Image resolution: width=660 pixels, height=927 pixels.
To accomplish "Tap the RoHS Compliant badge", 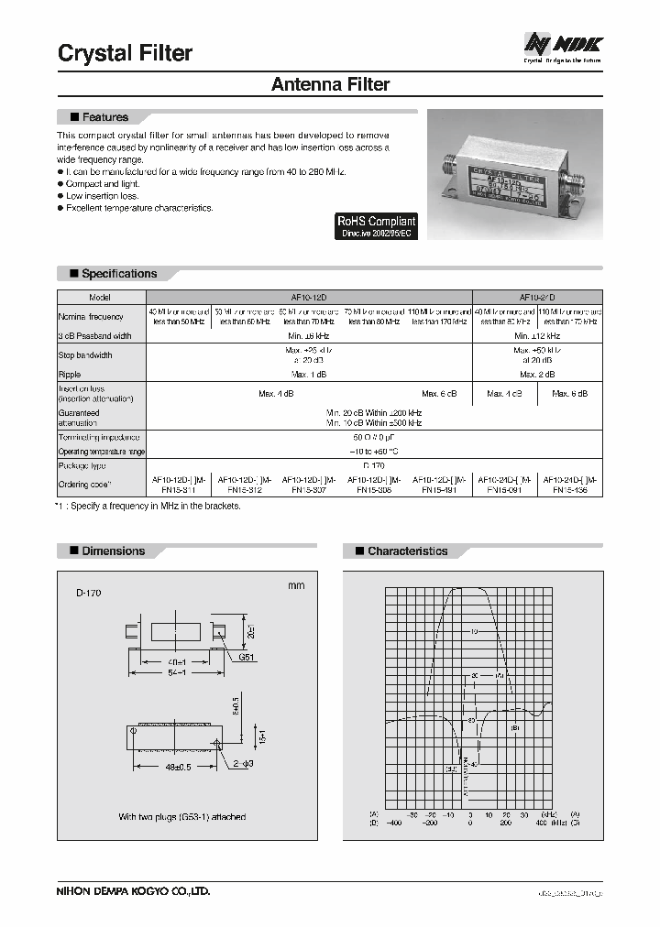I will coord(376,226).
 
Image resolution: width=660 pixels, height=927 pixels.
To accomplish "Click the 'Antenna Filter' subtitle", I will coord(331,84).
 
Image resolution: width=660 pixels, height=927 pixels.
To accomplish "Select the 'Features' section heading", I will coord(104,117).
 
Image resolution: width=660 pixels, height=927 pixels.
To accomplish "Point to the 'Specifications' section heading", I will coord(118,274).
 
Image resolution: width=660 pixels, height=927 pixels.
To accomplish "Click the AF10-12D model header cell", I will coord(308,298).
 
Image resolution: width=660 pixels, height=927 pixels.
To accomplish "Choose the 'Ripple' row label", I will coord(71,375).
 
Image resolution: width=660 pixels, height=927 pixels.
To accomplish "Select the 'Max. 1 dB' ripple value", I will coord(309,375).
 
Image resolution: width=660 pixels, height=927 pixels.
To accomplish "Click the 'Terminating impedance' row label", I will coord(98,439).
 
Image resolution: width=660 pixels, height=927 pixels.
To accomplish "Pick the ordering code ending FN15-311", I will coord(179,485).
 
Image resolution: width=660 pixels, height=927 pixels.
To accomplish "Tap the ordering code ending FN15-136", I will coord(570,485).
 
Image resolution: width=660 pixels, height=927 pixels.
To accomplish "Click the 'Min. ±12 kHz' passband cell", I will coord(537,335).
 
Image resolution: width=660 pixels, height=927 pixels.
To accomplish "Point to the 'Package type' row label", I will coord(83,465).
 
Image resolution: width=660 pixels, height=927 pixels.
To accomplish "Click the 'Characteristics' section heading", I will coord(407,551).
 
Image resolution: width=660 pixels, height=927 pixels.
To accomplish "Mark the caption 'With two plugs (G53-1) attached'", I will coord(181,816).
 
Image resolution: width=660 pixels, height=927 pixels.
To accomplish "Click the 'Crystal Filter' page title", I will coord(126,53).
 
